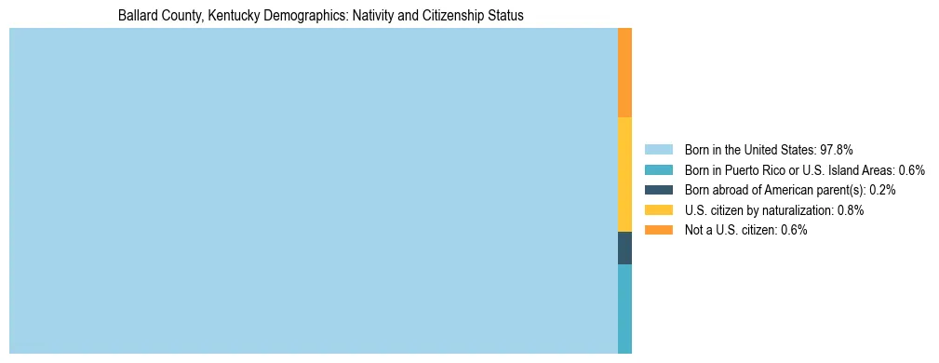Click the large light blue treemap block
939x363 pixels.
coord(313,191)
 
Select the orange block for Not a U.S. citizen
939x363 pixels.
coord(624,73)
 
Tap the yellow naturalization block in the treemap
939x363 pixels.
coord(624,174)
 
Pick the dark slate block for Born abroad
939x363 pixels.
coord(624,248)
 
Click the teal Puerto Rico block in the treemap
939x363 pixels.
coord(624,308)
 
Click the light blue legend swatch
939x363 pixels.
coord(658,150)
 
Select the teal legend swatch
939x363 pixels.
coord(658,170)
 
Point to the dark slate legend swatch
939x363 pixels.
coord(658,190)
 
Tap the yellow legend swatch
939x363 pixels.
coord(658,210)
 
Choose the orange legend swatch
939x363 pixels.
coord(658,230)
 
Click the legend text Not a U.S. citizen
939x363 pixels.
coord(731,230)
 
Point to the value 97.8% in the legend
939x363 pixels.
coord(837,150)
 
